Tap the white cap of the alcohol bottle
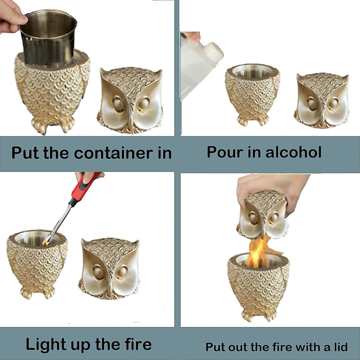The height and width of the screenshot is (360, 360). click(214, 51)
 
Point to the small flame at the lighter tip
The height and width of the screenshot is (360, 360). click(45, 242)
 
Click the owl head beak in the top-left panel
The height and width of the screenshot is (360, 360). click(131, 120)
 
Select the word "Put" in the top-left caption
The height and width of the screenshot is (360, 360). click(25, 153)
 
